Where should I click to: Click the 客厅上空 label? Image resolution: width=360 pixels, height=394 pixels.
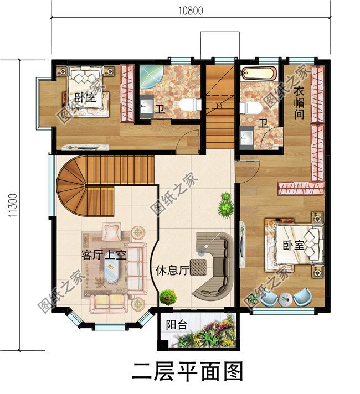[104, 255]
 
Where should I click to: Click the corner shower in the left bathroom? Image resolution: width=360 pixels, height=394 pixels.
[149, 77]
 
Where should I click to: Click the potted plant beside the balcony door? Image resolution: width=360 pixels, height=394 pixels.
[168, 297]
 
